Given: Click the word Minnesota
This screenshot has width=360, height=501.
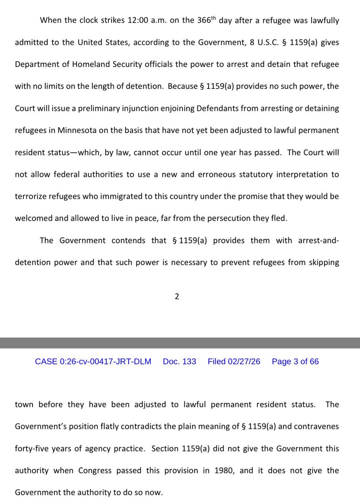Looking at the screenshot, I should [83, 130].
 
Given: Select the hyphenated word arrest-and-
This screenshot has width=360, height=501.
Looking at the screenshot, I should [318, 240].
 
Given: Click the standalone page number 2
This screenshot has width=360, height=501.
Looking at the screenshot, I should [177, 296].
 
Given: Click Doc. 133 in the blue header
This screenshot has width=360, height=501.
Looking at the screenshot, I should [179, 362].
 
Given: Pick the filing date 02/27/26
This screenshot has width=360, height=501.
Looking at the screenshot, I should [244, 362].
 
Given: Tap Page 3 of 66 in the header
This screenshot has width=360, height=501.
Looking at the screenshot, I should [295, 362].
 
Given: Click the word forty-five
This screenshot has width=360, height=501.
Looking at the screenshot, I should [33, 449].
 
